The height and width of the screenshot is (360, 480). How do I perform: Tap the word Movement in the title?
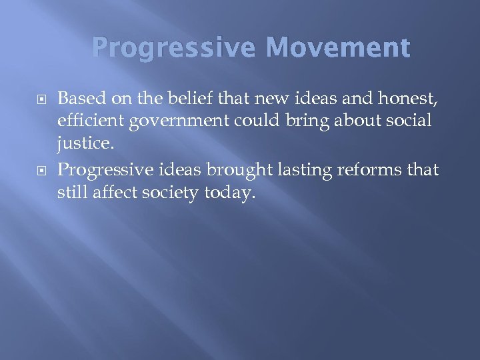(x=337, y=48)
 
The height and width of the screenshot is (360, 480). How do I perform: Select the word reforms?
(x=366, y=171)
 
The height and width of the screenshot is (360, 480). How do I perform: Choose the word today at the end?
(x=230, y=194)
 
